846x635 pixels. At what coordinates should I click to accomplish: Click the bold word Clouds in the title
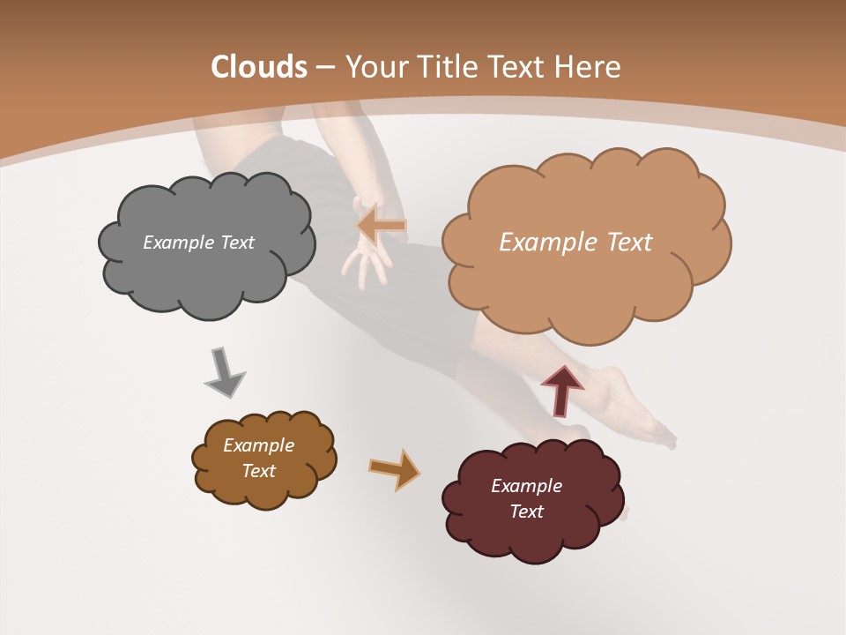(258, 67)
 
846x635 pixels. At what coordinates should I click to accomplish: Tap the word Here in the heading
(590, 67)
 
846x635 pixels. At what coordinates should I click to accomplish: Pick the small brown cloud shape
(263, 459)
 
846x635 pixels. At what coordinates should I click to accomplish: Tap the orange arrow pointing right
(394, 468)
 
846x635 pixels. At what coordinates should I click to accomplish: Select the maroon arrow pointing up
(561, 389)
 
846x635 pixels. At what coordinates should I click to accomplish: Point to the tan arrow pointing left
(382, 226)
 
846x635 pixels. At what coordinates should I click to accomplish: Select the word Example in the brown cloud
(258, 445)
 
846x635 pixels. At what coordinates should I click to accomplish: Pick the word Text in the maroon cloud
(526, 512)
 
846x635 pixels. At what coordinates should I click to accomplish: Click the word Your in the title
(374, 67)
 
